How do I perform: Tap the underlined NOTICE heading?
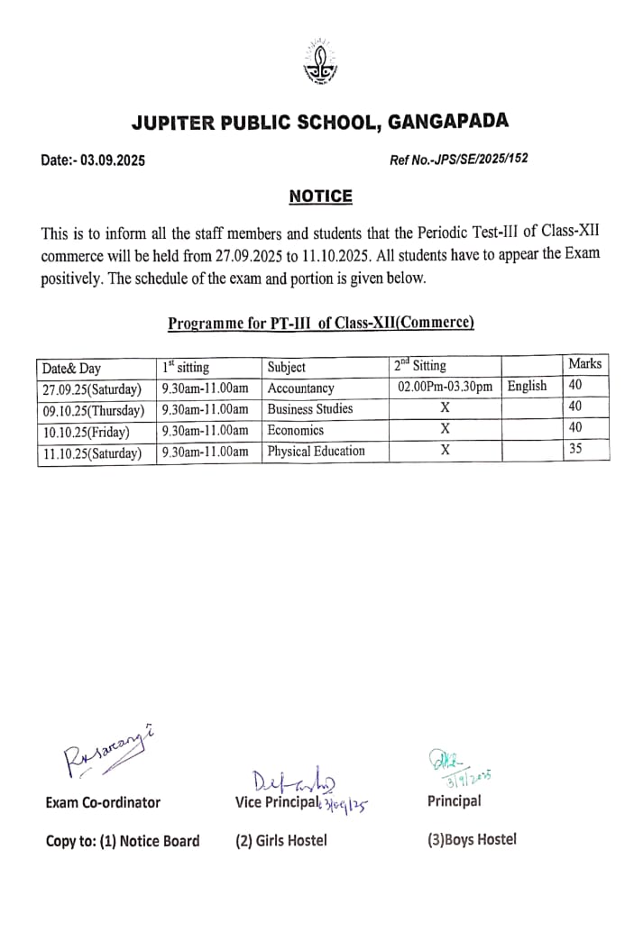(x=320, y=196)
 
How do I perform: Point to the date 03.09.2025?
(x=112, y=160)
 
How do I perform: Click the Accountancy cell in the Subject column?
(x=301, y=388)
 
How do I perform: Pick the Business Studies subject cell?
(x=310, y=408)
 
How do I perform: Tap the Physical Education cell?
(x=317, y=451)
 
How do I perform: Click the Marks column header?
(x=584, y=364)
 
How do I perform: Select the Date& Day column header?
(x=72, y=368)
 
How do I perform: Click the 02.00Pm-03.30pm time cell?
(x=445, y=388)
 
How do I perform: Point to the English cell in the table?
(x=527, y=386)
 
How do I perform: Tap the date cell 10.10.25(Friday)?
(x=86, y=432)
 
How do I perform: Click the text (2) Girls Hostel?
(x=281, y=840)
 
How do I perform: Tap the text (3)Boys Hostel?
(x=472, y=839)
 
